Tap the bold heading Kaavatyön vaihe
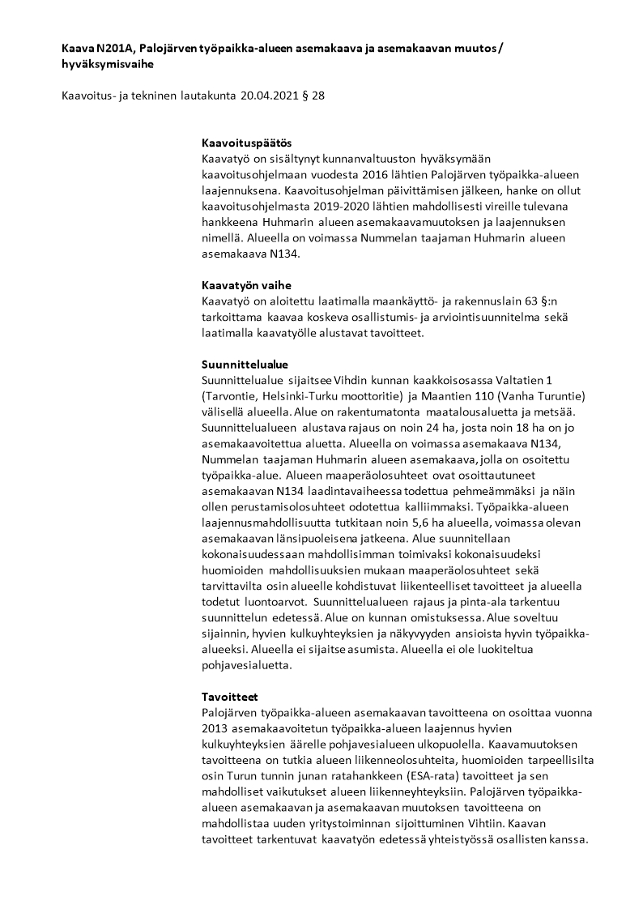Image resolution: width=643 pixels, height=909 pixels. (246, 285)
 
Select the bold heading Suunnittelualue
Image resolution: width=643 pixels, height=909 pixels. (245, 364)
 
